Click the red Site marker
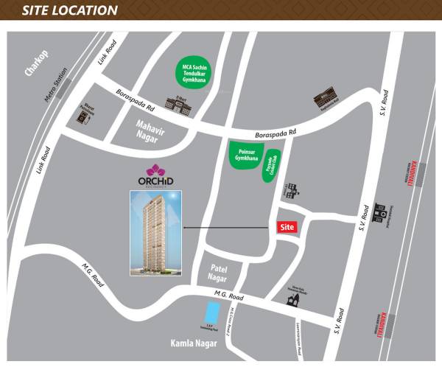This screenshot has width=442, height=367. [x=287, y=228]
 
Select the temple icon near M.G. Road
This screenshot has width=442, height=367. [x=294, y=298]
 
